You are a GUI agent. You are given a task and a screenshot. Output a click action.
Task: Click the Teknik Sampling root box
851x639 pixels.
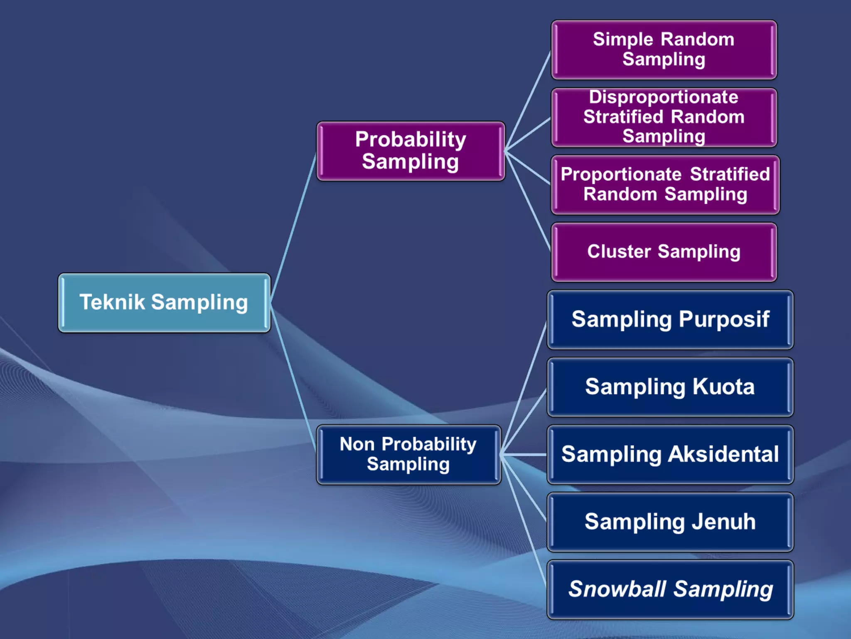[164, 302]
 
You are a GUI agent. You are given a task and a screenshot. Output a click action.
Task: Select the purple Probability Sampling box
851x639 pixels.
[411, 151]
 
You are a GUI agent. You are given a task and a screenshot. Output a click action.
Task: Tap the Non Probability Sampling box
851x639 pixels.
[408, 454]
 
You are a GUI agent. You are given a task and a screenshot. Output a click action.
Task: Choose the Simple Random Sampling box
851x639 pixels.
[664, 50]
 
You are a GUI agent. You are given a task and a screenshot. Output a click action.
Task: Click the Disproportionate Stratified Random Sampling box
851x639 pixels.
[664, 117]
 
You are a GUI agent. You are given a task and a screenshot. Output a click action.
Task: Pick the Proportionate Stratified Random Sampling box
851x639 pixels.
[665, 185]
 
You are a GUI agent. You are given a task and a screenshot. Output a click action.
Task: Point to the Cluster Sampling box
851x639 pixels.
[664, 252]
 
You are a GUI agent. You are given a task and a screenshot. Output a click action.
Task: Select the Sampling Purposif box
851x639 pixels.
[670, 319]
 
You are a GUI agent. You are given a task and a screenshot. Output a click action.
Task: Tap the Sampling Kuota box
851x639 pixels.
[670, 387]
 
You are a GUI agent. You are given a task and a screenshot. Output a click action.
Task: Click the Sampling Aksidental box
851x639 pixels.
[670, 454]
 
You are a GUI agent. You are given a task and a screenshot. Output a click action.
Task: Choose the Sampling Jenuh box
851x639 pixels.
[670, 522]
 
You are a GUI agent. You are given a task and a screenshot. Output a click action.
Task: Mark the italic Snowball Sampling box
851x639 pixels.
[670, 589]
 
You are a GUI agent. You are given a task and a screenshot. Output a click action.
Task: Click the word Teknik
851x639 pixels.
[112, 302]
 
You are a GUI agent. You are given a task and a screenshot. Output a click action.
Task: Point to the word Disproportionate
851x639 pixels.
[664, 97]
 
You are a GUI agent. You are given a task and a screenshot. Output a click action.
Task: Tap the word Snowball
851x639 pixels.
[617, 589]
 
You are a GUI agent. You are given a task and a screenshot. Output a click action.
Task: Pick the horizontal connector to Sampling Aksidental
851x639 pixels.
[524, 455]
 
